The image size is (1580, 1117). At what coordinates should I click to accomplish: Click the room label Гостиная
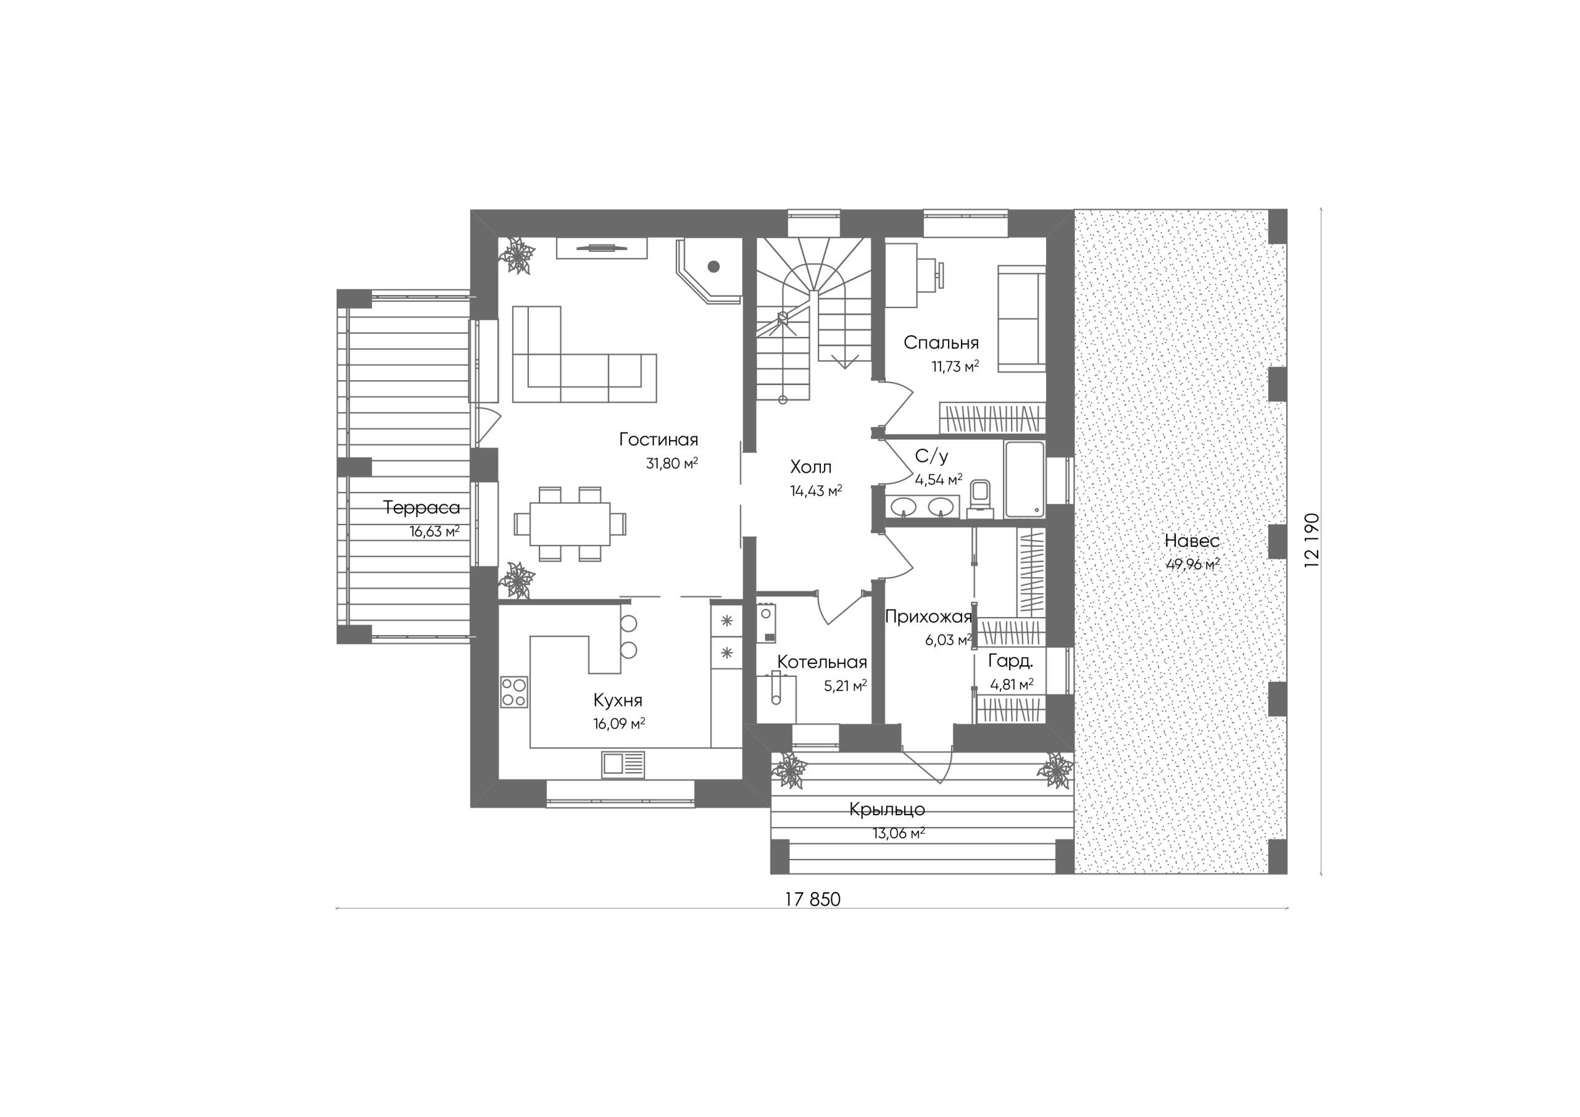tap(659, 439)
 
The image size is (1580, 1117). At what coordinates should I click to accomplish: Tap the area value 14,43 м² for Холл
tap(816, 491)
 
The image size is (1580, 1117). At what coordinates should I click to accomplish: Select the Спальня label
tap(941, 342)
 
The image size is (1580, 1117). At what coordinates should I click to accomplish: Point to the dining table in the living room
tap(570, 523)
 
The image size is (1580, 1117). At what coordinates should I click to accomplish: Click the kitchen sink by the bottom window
tap(623, 764)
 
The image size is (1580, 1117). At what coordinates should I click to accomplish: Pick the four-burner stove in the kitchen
tap(514, 692)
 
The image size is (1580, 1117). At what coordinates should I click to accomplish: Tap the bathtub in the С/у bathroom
tap(1025, 480)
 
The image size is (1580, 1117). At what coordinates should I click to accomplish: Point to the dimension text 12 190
tap(1312, 539)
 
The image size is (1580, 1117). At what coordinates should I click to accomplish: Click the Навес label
tap(1192, 541)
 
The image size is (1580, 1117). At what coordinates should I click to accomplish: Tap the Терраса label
tap(421, 508)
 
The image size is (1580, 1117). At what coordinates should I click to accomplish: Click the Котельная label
tap(821, 662)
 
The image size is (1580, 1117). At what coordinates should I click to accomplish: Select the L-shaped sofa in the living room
tap(584, 354)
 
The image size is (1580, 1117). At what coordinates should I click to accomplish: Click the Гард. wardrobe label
tap(1010, 662)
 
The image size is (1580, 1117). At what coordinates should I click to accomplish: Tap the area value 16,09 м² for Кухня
tap(618, 723)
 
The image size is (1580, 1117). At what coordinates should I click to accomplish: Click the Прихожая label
tap(928, 617)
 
